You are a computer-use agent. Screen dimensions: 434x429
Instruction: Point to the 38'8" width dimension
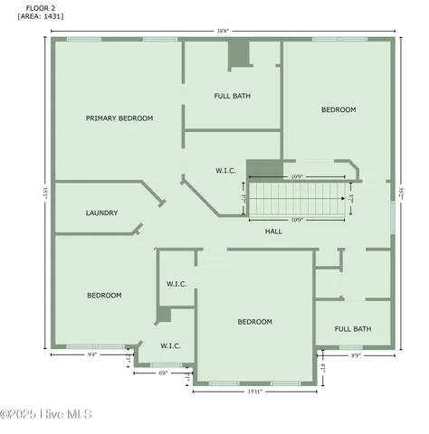223,30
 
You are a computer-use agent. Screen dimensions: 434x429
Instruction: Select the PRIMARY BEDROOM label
119,118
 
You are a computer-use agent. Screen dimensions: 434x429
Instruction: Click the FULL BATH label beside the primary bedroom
233,96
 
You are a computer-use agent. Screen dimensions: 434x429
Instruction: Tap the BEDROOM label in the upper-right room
338,110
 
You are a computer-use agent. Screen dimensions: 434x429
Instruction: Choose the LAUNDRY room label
101,213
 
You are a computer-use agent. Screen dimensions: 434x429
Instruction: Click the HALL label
273,231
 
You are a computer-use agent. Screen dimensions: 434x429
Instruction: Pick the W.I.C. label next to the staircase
225,170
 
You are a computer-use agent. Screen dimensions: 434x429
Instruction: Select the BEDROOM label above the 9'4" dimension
104,296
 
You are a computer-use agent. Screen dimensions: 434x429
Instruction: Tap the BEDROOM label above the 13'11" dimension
254,322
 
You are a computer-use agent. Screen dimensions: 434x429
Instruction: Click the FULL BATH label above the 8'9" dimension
353,329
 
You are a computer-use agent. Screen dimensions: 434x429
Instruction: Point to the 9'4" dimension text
92,355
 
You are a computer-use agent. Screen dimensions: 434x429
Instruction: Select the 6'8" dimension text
163,373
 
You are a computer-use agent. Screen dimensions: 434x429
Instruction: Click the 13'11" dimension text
254,392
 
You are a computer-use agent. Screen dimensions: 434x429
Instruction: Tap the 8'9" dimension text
355,355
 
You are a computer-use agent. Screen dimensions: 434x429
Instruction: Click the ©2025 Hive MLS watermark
46,415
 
